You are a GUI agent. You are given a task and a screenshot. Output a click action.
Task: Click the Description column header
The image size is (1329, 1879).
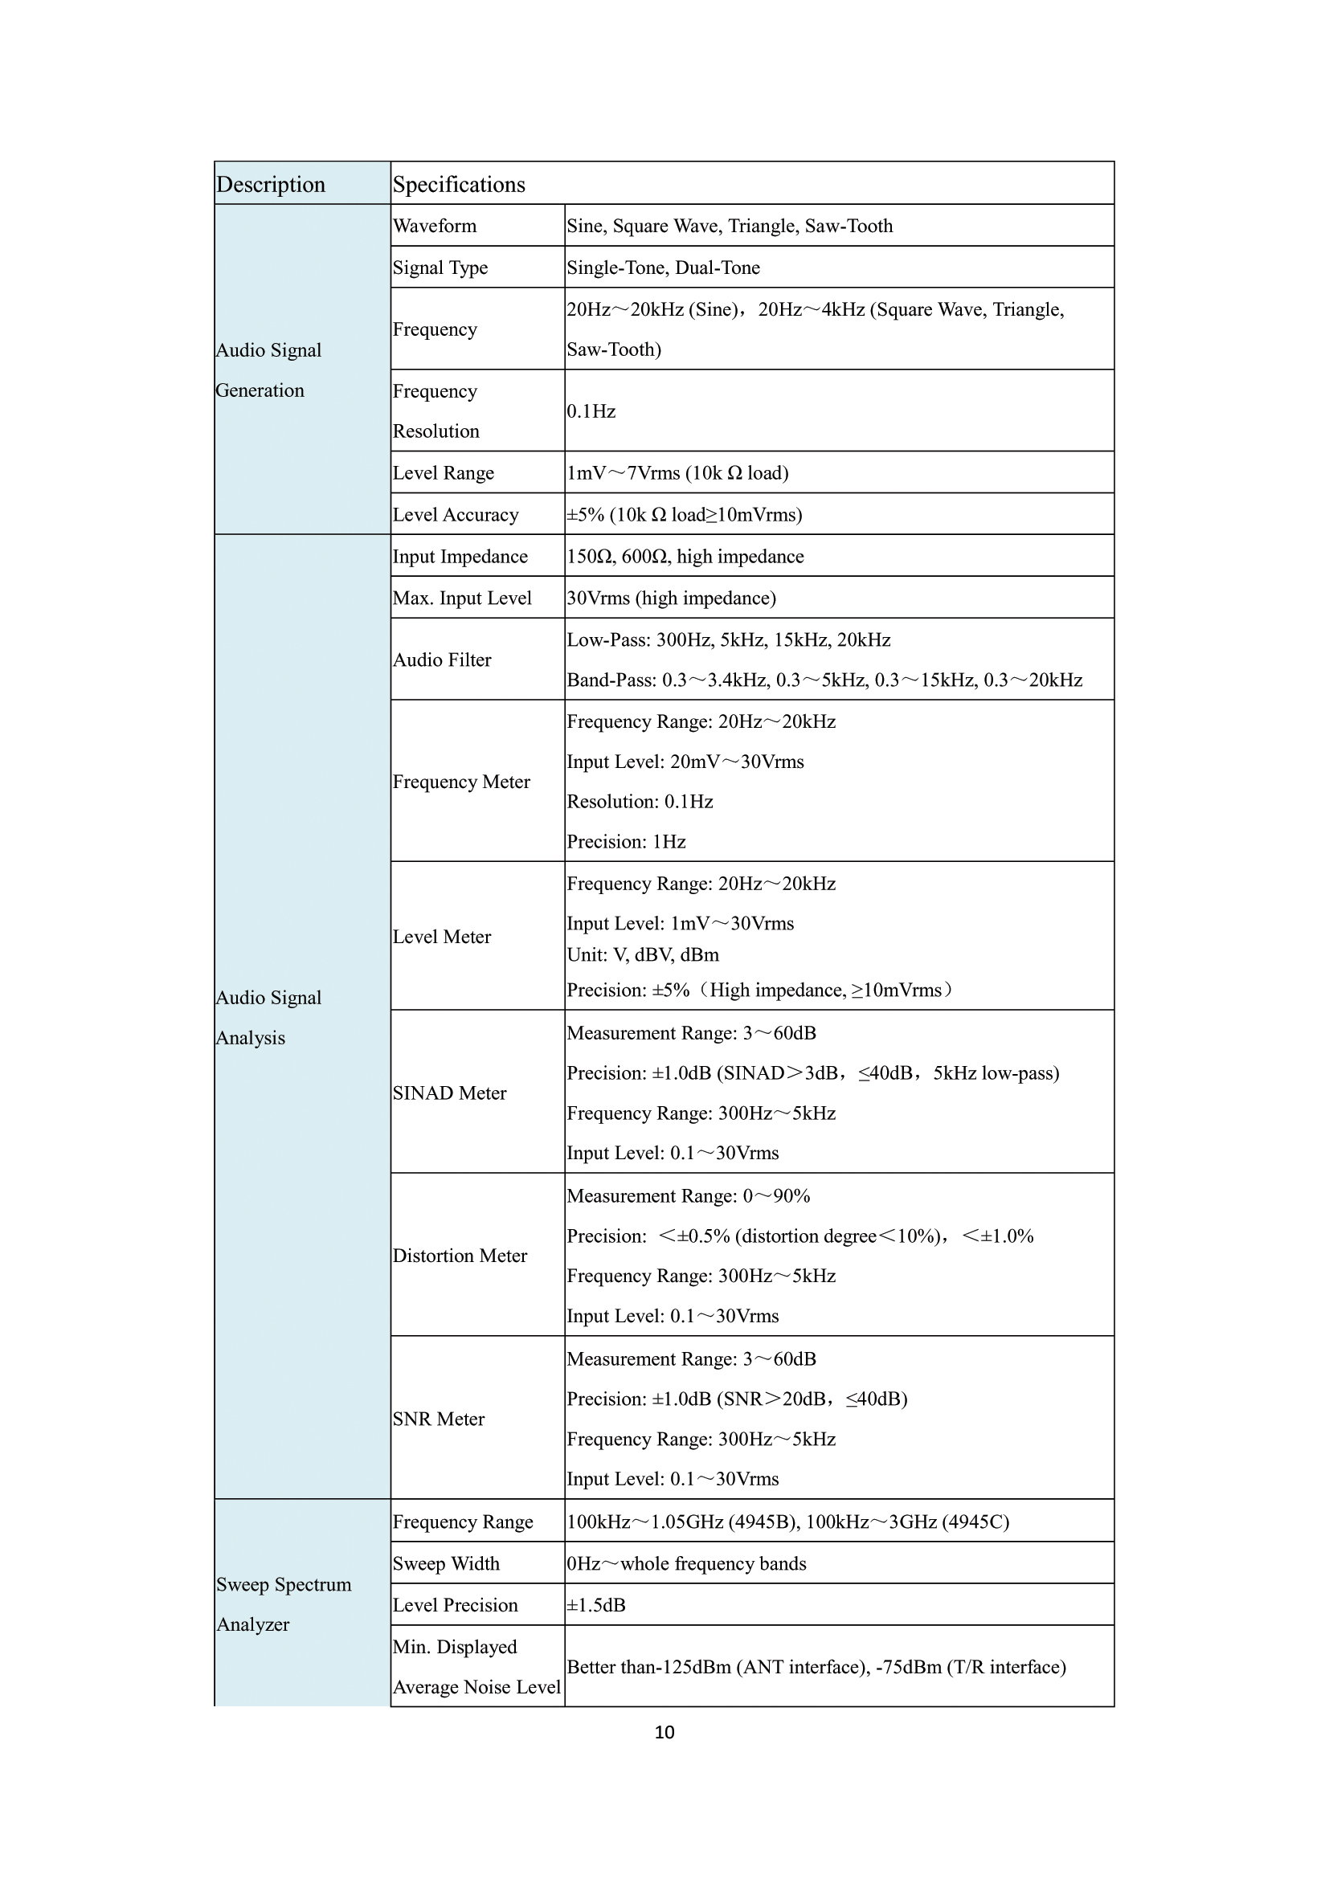[271, 185]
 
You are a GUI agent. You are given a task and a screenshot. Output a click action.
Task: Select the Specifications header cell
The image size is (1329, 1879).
[459, 185]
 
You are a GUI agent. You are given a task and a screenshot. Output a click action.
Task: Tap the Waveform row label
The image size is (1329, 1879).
[435, 226]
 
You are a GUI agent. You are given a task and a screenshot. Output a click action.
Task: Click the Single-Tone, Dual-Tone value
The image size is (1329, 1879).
[663, 268]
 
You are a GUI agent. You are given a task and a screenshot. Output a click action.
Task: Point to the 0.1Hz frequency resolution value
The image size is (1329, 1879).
[591, 411]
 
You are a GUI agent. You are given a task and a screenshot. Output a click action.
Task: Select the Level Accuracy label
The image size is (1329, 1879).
[456, 515]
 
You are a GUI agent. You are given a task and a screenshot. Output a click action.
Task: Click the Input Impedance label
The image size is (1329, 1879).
[460, 557]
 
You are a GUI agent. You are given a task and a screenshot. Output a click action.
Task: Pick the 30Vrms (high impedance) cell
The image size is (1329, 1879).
[671, 598]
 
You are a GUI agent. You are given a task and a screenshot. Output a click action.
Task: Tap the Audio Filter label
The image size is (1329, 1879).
[442, 660]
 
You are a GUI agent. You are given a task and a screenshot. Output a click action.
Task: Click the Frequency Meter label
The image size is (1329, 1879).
[461, 782]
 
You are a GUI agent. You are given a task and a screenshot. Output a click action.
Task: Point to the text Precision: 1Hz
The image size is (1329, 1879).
[626, 841]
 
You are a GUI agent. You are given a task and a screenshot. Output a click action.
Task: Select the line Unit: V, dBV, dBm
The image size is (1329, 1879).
[644, 955]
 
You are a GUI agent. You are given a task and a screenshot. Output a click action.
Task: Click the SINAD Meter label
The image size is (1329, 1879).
[449, 1093]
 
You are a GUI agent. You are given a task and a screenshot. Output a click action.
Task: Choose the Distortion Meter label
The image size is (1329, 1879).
[460, 1256]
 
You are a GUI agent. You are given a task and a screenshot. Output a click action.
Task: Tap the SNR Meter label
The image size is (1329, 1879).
[439, 1418]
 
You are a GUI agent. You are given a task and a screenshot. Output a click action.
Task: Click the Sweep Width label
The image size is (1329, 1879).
[446, 1563]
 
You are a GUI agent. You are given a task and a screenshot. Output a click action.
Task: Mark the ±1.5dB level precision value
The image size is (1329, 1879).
[595, 1605]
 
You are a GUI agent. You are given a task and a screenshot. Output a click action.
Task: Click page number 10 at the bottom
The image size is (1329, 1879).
[664, 1732]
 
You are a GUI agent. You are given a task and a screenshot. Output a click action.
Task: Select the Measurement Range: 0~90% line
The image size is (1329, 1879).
[689, 1195]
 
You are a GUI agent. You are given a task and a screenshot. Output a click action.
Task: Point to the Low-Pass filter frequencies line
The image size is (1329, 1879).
[728, 640]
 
